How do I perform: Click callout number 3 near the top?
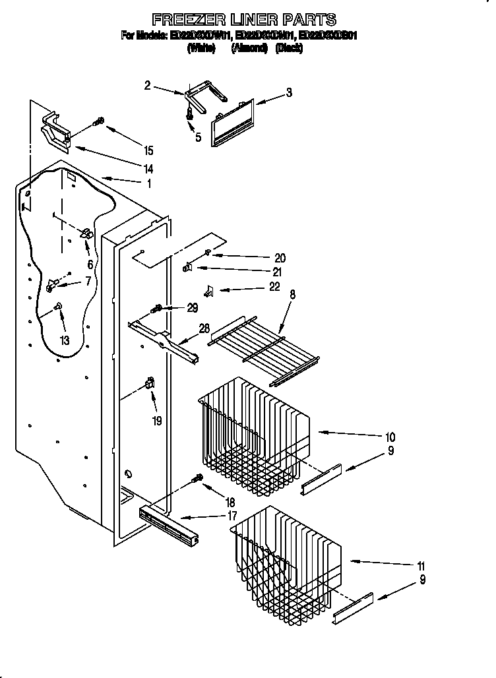(289, 93)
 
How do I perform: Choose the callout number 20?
(280, 257)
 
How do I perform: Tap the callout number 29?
(192, 307)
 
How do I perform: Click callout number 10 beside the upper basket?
(390, 437)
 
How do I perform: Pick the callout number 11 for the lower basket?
(421, 566)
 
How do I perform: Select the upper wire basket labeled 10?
(254, 439)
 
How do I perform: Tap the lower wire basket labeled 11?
(287, 561)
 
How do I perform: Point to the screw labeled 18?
(196, 478)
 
